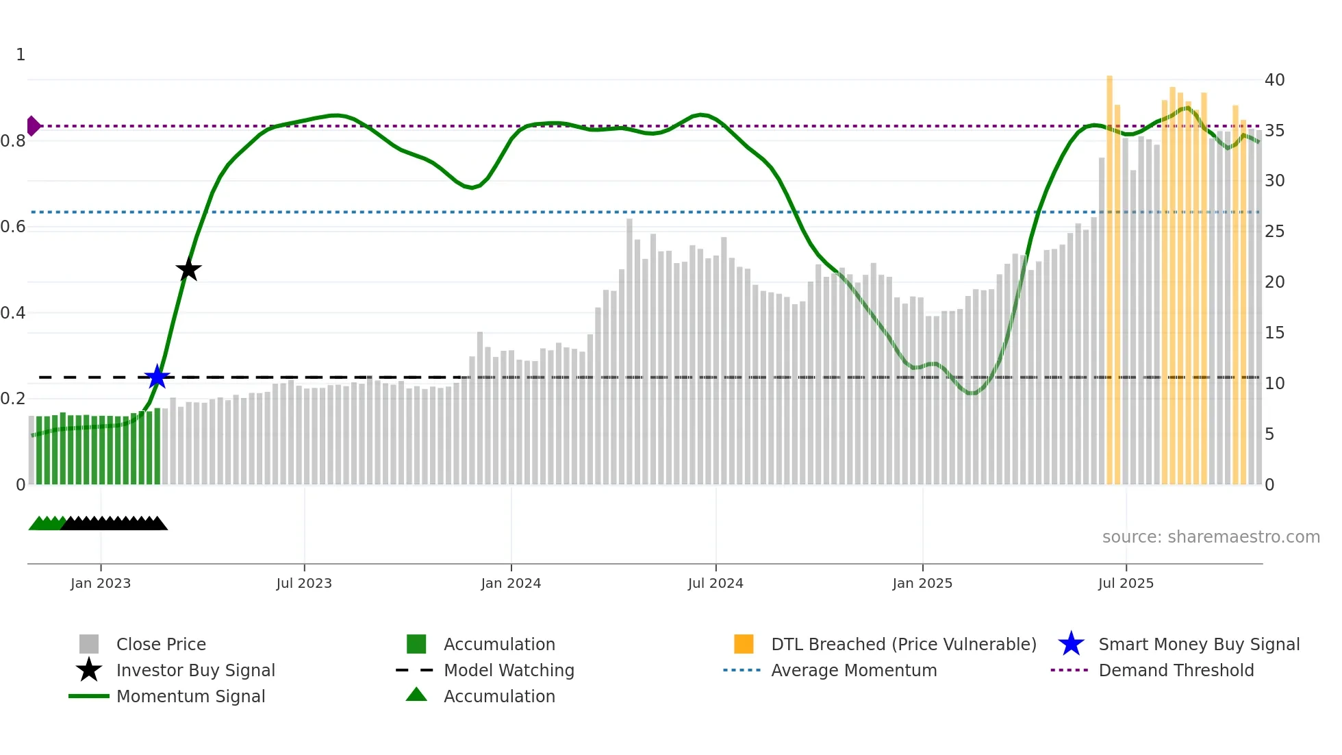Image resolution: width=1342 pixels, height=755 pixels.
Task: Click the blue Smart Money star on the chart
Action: point(157,377)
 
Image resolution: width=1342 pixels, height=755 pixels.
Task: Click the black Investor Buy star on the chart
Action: point(188,269)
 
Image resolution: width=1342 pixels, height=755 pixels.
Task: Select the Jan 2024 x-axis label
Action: point(511,583)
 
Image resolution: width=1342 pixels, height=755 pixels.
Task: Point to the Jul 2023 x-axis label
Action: point(304,583)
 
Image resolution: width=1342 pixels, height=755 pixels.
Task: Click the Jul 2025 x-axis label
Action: point(1126,583)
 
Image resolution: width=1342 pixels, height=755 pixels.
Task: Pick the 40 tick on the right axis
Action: point(1274,80)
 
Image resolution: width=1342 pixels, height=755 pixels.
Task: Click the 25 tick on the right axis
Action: point(1274,232)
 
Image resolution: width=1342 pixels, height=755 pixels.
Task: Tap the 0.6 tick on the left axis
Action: point(13,227)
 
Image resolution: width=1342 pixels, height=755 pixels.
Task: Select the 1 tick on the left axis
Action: point(21,55)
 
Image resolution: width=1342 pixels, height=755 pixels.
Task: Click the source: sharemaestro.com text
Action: point(1211,537)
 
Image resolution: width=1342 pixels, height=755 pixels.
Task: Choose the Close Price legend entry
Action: point(161,644)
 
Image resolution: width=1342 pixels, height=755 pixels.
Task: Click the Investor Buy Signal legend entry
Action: point(195,670)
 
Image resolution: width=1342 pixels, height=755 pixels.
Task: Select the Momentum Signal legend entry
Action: point(190,696)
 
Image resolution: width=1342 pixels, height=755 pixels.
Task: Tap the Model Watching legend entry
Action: point(509,670)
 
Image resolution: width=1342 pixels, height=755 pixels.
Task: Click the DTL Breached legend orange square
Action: point(744,644)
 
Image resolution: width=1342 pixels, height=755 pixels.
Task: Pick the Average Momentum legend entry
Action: point(854,670)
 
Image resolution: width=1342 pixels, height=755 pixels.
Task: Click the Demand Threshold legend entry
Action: point(1176,670)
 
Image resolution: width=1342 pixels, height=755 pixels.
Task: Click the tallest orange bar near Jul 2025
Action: point(1109,274)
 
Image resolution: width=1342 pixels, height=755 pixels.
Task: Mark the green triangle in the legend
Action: point(416,695)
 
